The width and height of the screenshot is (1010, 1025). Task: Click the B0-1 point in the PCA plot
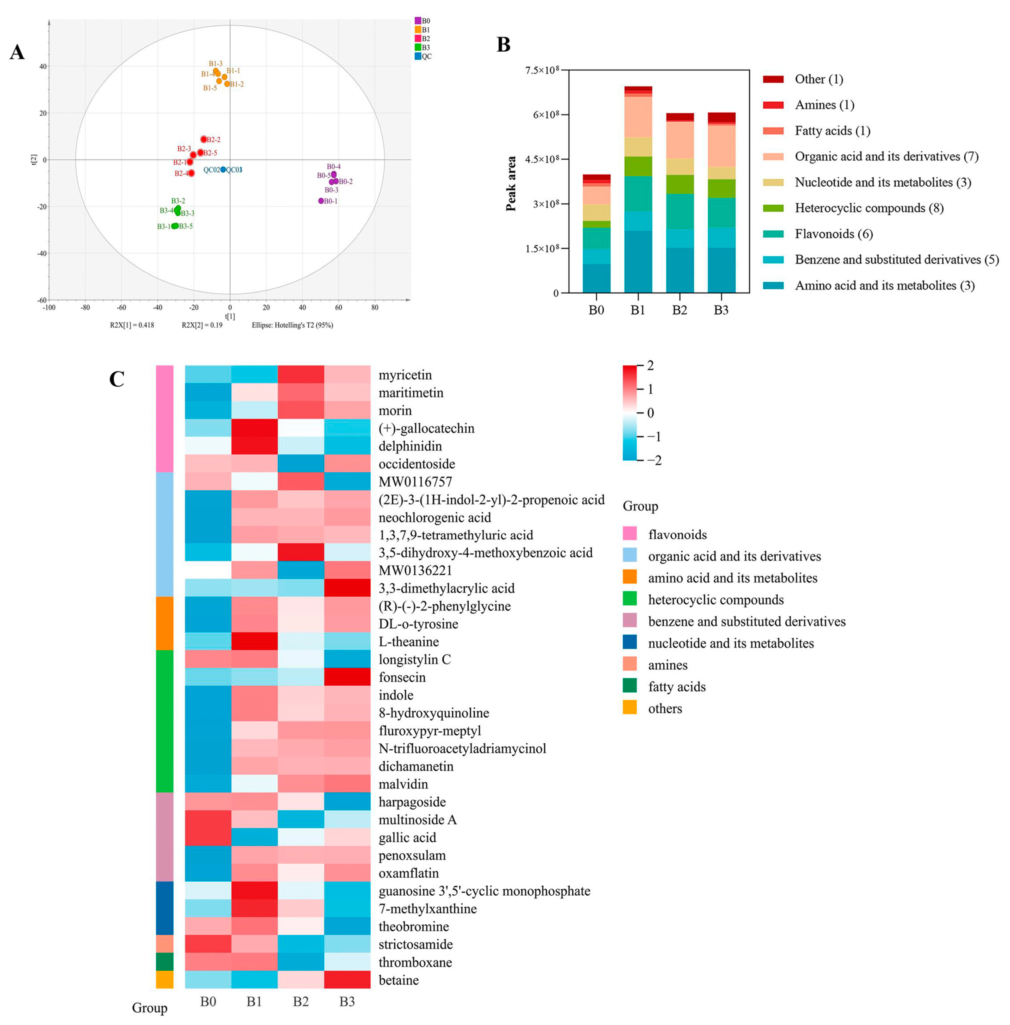pos(321,200)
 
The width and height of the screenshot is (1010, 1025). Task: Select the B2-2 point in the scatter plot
pos(204,139)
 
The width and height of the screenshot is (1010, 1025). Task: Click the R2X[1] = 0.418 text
pos(132,325)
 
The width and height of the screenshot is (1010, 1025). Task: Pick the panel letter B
pos(503,45)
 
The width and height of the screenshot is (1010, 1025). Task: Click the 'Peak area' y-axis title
pos(511,183)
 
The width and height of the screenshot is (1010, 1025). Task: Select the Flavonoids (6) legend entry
pos(833,234)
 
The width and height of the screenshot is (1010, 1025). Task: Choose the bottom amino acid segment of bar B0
pos(596,278)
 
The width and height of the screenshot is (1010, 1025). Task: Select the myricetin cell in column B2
pos(301,374)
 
